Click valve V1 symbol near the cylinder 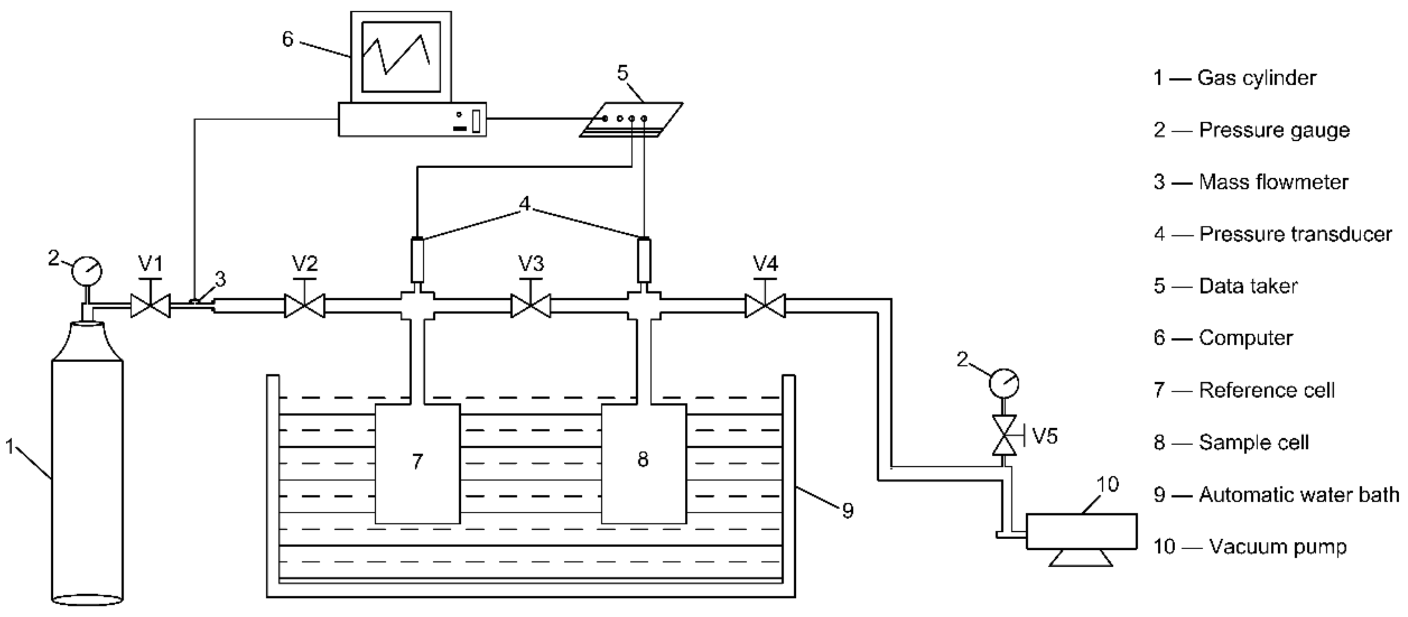150,306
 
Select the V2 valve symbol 304,306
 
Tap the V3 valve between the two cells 531,306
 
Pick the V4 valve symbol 765,306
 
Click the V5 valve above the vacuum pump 1004,435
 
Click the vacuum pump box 1081,530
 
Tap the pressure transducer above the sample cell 645,259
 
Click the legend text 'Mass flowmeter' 1273,182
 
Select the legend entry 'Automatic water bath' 1299,495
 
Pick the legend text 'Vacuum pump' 1277,547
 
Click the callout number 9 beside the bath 847,510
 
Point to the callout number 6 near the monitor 287,39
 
